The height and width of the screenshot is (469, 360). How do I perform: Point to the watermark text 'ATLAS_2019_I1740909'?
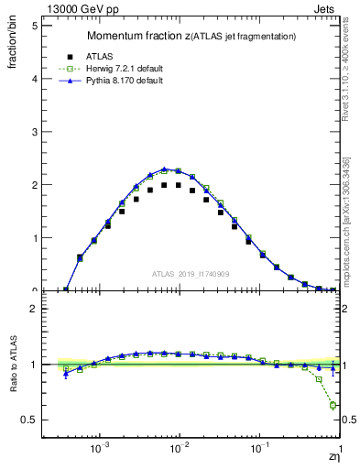pyautogui.click(x=191, y=274)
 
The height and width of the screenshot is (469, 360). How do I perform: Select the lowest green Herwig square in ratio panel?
pyautogui.click(x=333, y=405)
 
